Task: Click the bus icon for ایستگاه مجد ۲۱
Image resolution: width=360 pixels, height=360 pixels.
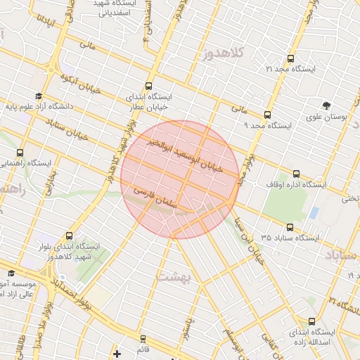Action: pyautogui.click(x=291, y=58)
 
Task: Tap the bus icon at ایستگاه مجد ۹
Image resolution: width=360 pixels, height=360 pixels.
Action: pyautogui.click(x=267, y=115)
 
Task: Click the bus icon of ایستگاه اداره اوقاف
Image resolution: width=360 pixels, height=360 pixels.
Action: pyautogui.click(x=295, y=174)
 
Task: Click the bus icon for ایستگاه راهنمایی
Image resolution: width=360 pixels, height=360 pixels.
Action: pyautogui.click(x=19, y=153)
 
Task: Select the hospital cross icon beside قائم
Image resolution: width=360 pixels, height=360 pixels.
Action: pyautogui.click(x=117, y=353)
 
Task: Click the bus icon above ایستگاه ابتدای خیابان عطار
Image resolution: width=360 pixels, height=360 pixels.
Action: pyautogui.click(x=148, y=84)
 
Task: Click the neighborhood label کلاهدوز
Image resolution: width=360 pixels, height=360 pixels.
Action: pyautogui.click(x=224, y=53)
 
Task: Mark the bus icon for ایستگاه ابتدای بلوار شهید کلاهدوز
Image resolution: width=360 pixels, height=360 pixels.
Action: pyautogui.click(x=69, y=236)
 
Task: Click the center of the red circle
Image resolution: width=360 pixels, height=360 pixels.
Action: pyautogui.click(x=179, y=179)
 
